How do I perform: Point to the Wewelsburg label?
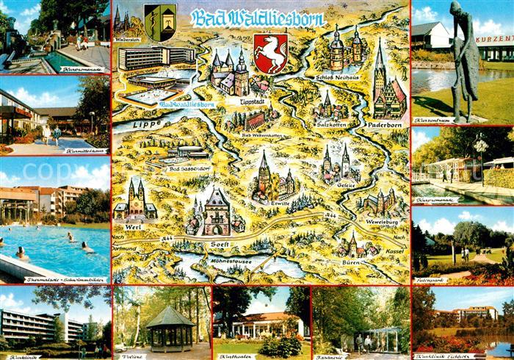(380, 218)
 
